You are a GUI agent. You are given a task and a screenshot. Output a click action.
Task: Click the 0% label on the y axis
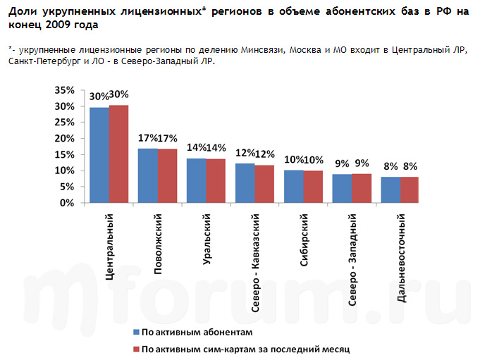click(66, 203)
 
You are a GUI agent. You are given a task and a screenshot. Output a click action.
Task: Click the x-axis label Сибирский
click(304, 239)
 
